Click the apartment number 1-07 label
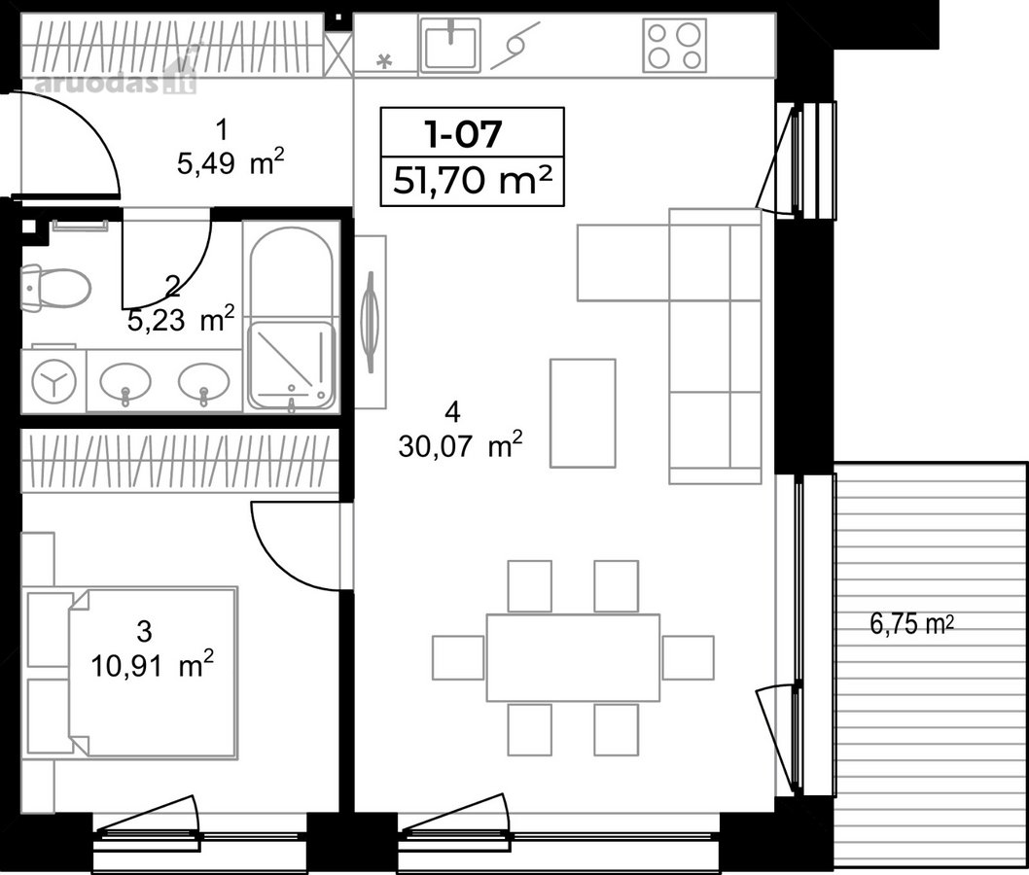[463, 133]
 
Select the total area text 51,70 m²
[472, 181]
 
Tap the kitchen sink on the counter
[450, 44]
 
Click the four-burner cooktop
[675, 45]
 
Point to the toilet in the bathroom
[55, 288]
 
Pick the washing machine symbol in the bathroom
[53, 380]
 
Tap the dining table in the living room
[573, 658]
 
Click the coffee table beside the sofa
[583, 413]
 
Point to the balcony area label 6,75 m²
[911, 624]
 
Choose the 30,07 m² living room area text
[460, 446]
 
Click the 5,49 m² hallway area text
[231, 162]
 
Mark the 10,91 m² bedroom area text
[153, 665]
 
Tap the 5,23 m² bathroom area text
[181, 320]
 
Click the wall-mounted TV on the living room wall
[372, 322]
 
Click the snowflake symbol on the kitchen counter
[383, 61]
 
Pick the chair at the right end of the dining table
[688, 658]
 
